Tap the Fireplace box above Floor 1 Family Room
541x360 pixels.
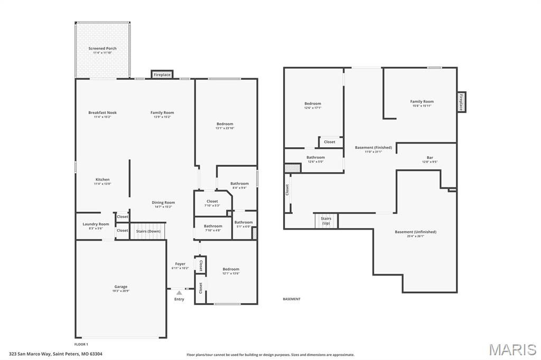pyautogui.click(x=162, y=75)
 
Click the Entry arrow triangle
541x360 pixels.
pyautogui.click(x=179, y=292)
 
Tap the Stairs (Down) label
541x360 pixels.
pyautogui.click(x=148, y=231)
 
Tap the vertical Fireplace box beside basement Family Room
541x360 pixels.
pyautogui.click(x=461, y=102)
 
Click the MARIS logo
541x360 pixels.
pyautogui.click(x=512, y=349)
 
